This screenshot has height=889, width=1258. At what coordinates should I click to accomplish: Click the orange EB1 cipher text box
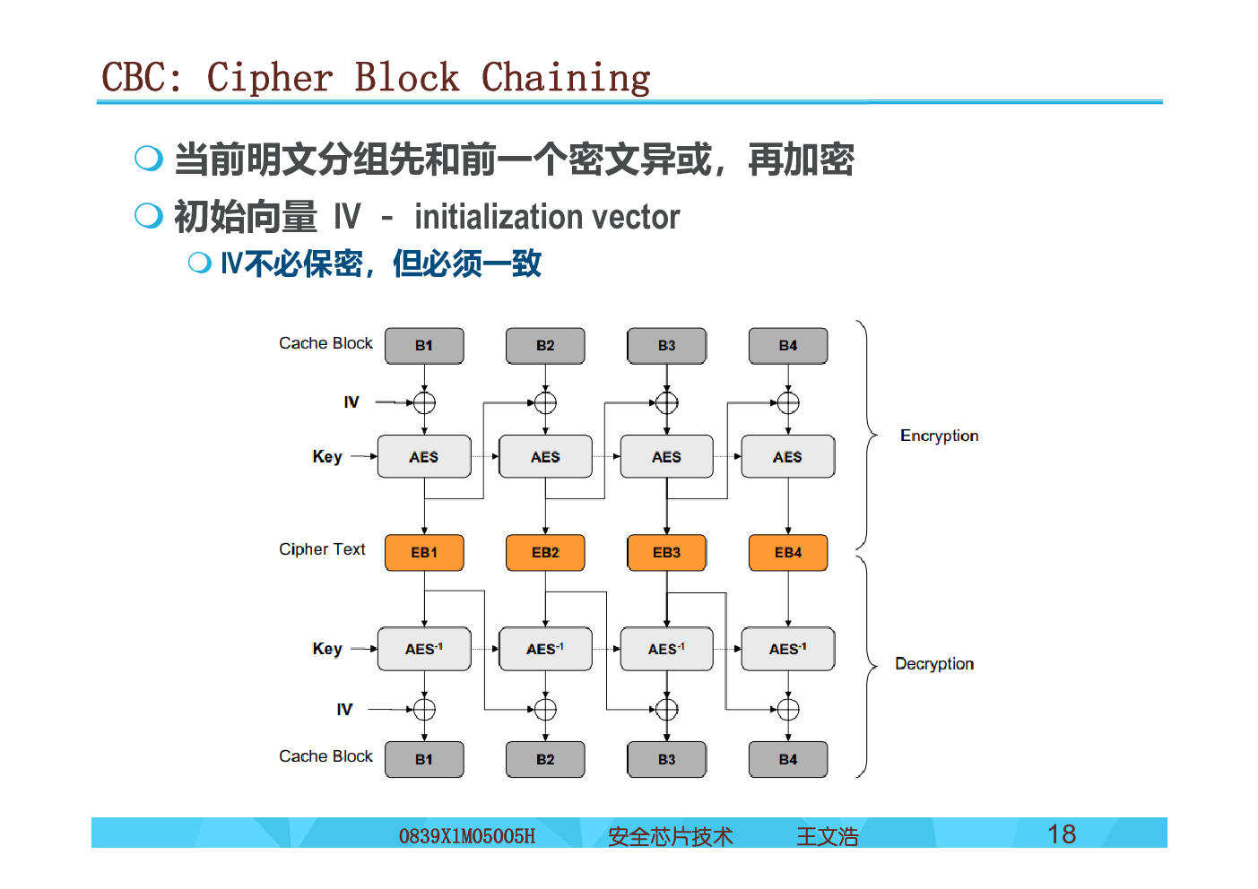point(424,552)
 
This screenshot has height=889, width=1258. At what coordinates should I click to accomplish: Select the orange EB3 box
point(666,552)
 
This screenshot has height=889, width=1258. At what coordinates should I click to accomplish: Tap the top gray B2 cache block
point(545,346)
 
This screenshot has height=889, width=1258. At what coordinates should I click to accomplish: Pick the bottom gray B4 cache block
point(788,759)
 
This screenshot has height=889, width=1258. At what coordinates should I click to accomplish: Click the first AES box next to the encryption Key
point(424,456)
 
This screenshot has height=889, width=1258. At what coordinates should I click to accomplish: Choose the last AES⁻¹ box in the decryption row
point(788,649)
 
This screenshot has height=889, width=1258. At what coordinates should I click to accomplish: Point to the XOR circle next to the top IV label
point(424,402)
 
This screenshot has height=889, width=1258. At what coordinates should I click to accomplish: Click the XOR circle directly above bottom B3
point(666,710)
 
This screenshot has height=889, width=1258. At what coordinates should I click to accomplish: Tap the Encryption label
point(939,436)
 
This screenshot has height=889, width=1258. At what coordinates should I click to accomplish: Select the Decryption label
point(934,664)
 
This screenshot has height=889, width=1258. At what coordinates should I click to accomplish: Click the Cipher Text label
point(322,548)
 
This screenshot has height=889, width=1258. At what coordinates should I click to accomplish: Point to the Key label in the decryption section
point(327,650)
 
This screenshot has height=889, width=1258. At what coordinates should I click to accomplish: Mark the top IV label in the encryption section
point(351,401)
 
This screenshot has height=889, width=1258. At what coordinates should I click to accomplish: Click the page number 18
point(1062,834)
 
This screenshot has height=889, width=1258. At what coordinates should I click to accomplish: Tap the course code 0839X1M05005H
point(466,836)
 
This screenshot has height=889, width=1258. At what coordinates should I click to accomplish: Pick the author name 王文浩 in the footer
point(828,837)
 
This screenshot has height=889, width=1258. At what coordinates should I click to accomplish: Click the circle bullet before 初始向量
point(149,215)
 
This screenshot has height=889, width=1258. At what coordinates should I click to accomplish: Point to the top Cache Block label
point(325,343)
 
